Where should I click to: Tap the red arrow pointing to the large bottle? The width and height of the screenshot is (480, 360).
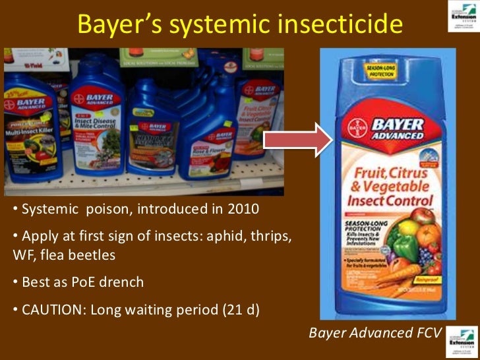(290, 139)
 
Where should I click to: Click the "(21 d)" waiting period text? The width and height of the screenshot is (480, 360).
(240, 309)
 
